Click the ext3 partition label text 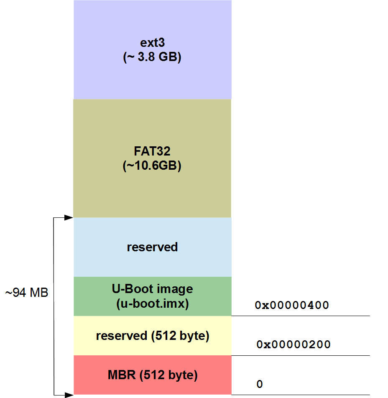[152, 43]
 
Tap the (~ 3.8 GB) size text [152, 57]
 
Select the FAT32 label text [152, 151]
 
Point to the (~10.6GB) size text [152, 166]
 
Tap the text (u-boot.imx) [152, 304]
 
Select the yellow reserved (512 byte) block [152, 347]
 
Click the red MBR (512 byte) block [152, 385]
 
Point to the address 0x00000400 [292, 305]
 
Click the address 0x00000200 [293, 345]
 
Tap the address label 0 [260, 384]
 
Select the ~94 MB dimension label [27, 293]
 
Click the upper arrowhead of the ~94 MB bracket [69, 217]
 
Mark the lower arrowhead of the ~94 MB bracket [69, 394]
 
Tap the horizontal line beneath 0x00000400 [301, 316]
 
